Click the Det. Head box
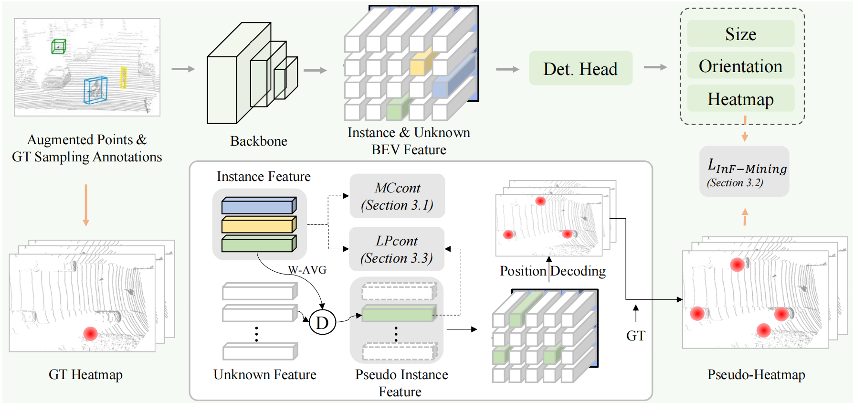pyautogui.click(x=580, y=69)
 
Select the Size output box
pyautogui.click(x=740, y=34)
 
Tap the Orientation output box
pyautogui.click(x=740, y=66)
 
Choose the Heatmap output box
pyautogui.click(x=740, y=99)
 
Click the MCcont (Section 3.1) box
pyautogui.click(x=397, y=196)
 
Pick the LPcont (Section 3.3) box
pyautogui.click(x=397, y=249)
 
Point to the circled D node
pyautogui.click(x=322, y=323)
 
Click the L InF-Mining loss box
pyautogui.click(x=744, y=172)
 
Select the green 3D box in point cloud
pyautogui.click(x=58, y=46)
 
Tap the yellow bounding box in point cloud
pyautogui.click(x=123, y=77)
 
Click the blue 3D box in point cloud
pyautogui.click(x=95, y=90)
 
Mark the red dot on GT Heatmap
pyautogui.click(x=90, y=333)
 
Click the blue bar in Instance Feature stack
pyautogui.click(x=258, y=206)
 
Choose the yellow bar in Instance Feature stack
pyautogui.click(x=258, y=225)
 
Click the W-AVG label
pyautogui.click(x=307, y=270)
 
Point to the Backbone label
pyautogui.click(x=258, y=141)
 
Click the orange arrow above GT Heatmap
pyautogui.click(x=86, y=205)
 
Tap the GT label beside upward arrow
pyautogui.click(x=635, y=336)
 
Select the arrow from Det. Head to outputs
pyautogui.click(x=655, y=68)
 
